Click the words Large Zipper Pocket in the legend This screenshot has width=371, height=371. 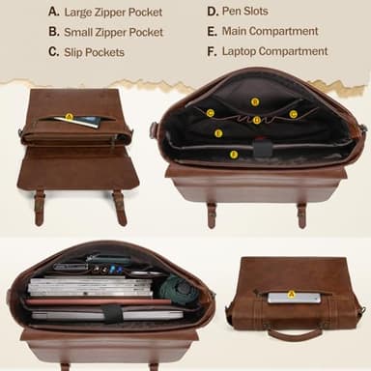[x=113, y=13]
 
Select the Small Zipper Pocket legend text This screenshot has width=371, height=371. [x=114, y=32]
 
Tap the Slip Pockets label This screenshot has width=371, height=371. [x=94, y=52]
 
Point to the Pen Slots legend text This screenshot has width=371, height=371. [x=245, y=12]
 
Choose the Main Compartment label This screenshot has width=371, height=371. [x=271, y=31]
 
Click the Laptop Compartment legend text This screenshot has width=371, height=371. [x=275, y=51]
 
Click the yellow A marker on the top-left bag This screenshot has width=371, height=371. [x=69, y=117]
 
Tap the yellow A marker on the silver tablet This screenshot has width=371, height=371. [x=291, y=294]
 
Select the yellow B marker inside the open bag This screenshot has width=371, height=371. [x=255, y=102]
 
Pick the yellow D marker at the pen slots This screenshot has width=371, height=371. [x=256, y=121]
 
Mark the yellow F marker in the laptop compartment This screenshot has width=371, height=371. [x=234, y=155]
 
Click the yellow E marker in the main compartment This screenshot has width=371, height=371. [x=218, y=133]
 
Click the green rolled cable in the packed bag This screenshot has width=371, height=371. [x=176, y=288]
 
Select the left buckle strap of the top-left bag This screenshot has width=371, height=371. [x=40, y=208]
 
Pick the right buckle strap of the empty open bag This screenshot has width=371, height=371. [x=301, y=215]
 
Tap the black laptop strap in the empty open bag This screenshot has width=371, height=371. [x=262, y=149]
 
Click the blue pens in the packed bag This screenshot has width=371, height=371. [x=115, y=269]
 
